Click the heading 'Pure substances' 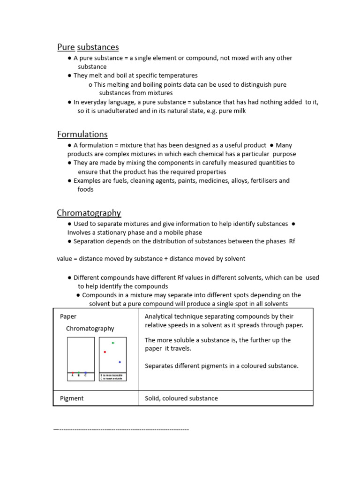click(x=88, y=47)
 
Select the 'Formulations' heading click(x=82, y=135)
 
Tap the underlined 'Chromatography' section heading click(x=89, y=213)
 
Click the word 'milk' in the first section click(x=238, y=111)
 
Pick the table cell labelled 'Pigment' click(x=72, y=398)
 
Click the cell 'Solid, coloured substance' click(x=181, y=398)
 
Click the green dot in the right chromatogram click(x=113, y=343)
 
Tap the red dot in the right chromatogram click(x=105, y=352)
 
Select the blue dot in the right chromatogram click(x=120, y=362)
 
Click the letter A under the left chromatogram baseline click(x=72, y=375)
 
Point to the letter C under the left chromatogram click(x=85, y=375)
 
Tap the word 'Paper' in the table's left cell click(x=68, y=316)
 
